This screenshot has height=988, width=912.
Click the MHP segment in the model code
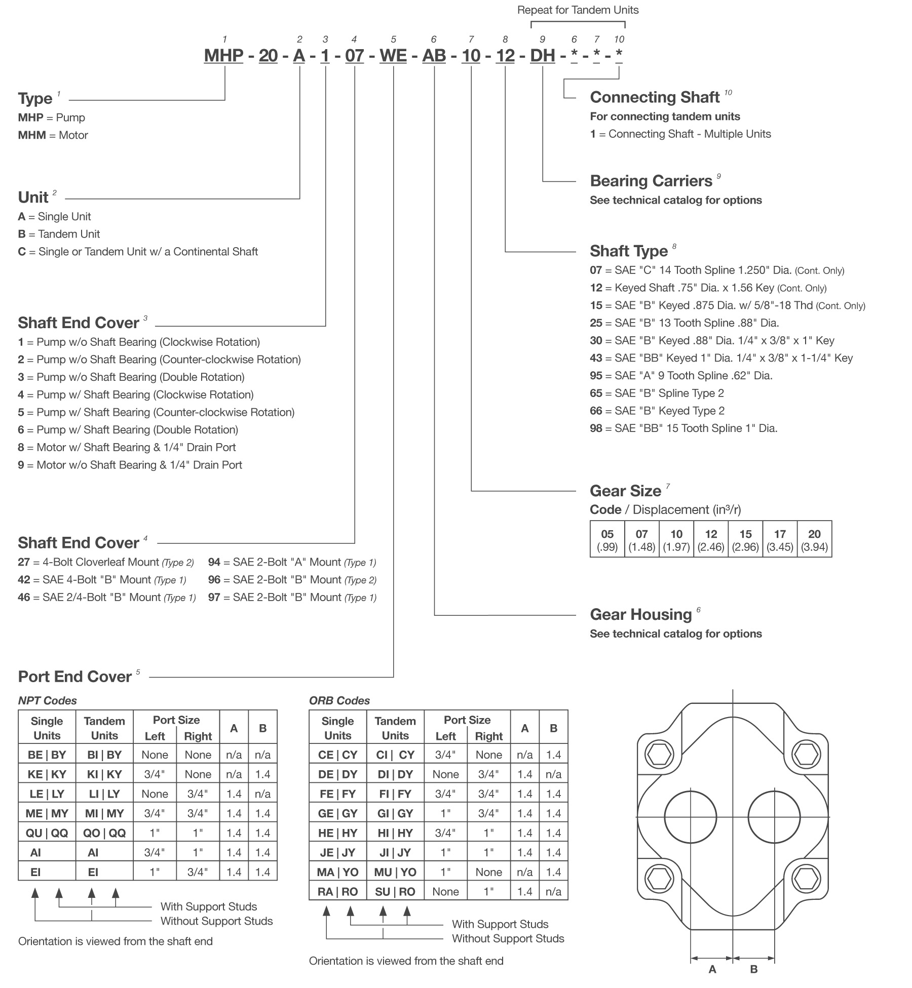(x=223, y=55)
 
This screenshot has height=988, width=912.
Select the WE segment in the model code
(x=393, y=55)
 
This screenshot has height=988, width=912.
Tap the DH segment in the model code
(x=542, y=55)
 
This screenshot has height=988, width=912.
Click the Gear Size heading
(x=625, y=491)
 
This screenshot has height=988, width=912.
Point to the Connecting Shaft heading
(x=655, y=97)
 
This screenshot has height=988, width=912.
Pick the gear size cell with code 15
(x=745, y=539)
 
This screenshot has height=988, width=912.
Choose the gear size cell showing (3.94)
(x=814, y=539)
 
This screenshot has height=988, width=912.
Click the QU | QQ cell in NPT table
(x=47, y=833)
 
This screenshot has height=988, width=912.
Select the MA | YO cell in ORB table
(x=338, y=872)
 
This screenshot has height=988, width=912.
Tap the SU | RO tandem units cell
(x=395, y=892)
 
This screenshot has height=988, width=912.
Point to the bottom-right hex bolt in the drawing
(x=806, y=879)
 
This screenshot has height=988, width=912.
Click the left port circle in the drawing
(x=690, y=817)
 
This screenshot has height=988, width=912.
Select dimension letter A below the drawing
(x=712, y=969)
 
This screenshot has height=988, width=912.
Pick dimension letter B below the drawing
(x=754, y=969)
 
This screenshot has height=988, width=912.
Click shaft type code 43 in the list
(x=596, y=358)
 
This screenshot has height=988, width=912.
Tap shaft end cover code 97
(x=214, y=598)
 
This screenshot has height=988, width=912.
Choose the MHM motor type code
(x=32, y=135)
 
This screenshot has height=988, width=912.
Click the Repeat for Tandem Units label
(x=578, y=10)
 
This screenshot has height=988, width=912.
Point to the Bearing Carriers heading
(x=651, y=181)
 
